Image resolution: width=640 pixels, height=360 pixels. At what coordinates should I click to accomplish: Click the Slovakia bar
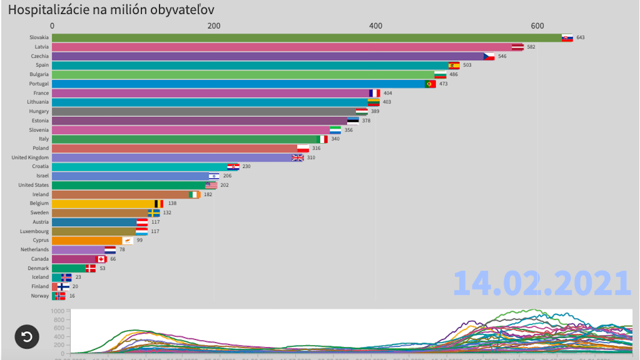(x=306, y=37)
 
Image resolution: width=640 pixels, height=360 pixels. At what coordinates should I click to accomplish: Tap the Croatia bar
(x=139, y=166)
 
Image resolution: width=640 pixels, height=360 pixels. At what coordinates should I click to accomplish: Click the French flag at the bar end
(x=374, y=93)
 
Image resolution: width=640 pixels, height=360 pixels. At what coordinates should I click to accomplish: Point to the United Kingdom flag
(x=297, y=157)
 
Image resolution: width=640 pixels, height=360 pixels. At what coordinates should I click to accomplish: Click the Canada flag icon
(x=101, y=259)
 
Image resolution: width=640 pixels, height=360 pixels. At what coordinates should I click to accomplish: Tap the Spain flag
(x=454, y=65)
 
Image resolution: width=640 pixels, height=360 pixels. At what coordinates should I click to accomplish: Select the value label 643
(x=580, y=37)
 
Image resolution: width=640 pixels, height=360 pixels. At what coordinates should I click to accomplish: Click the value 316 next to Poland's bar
(x=316, y=148)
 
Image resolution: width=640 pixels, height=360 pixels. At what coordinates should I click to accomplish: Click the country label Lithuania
(x=38, y=102)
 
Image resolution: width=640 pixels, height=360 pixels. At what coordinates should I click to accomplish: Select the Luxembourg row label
(x=34, y=231)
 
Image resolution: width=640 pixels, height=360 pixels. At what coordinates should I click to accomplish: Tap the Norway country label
(x=40, y=296)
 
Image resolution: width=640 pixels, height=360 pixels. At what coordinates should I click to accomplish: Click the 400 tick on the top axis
(x=375, y=25)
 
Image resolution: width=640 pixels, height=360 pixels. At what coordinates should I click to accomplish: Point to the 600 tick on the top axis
(x=537, y=25)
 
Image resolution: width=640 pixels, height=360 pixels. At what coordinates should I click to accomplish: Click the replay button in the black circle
(x=27, y=336)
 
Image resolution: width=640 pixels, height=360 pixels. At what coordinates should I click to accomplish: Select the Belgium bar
(x=103, y=203)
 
